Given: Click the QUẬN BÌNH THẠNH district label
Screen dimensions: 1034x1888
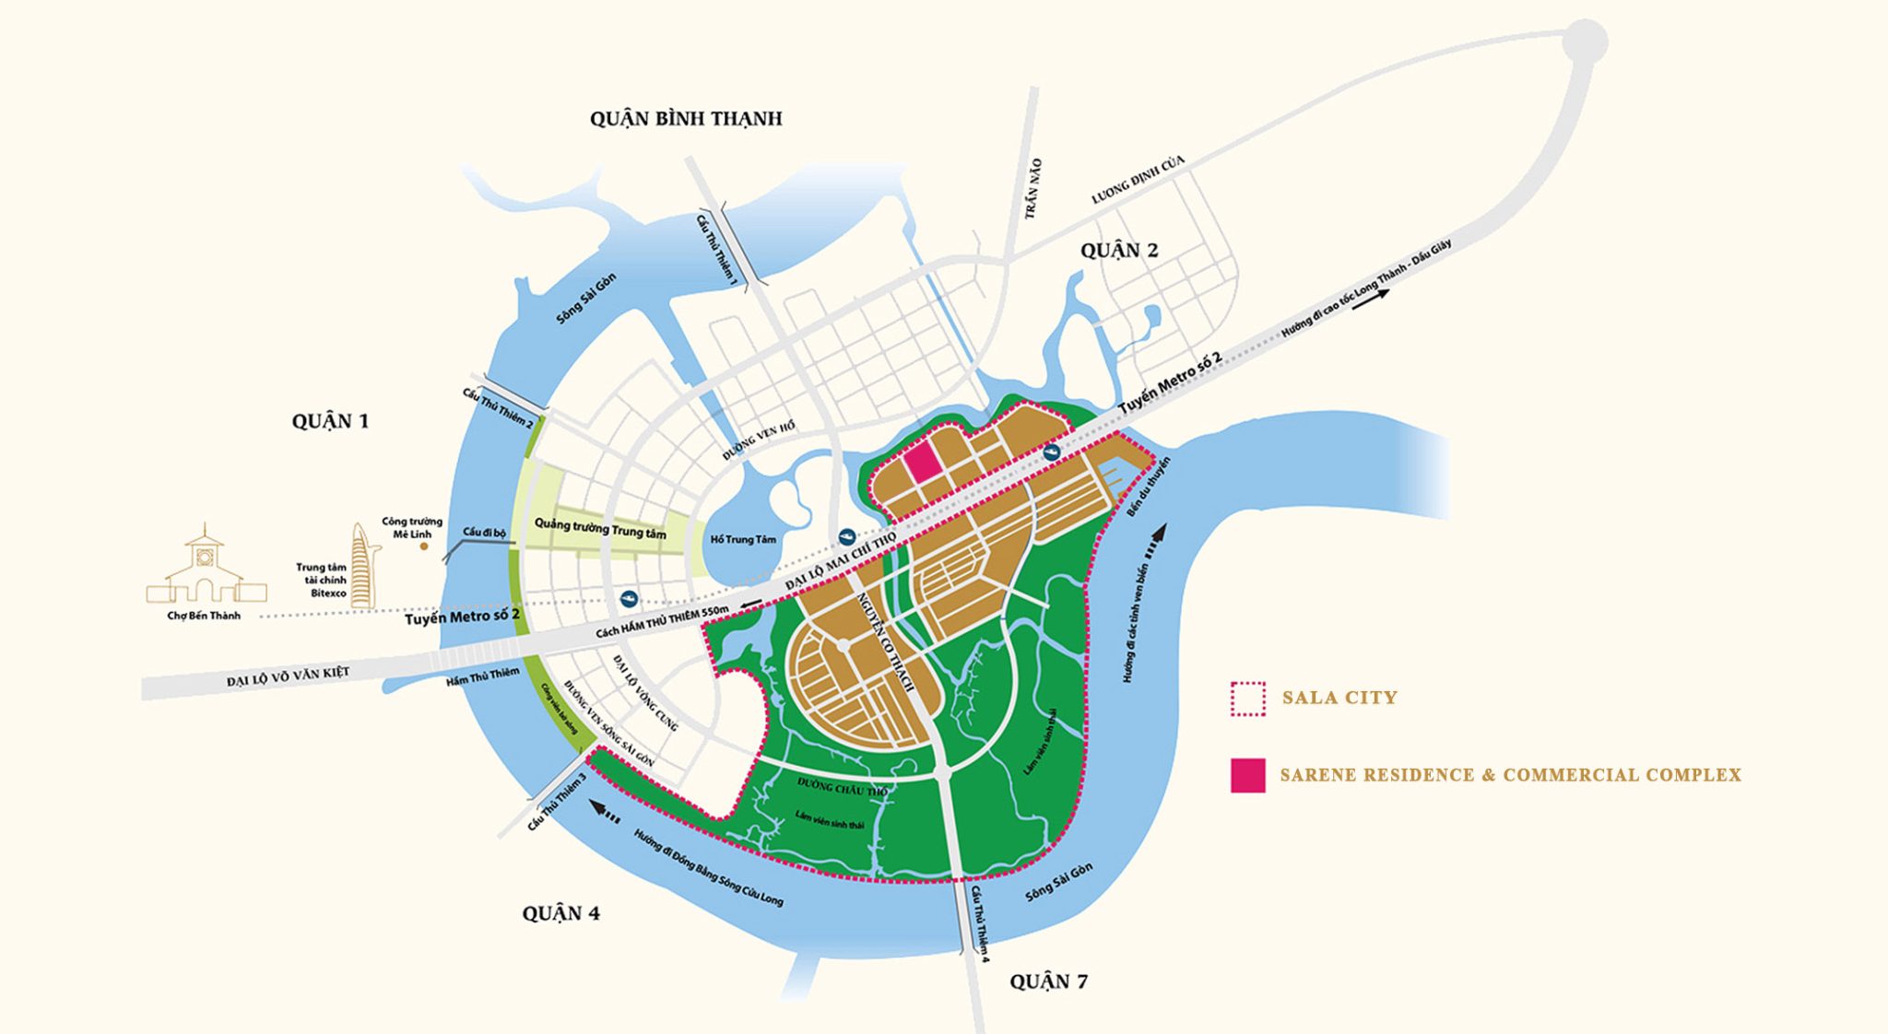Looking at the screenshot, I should [x=686, y=119].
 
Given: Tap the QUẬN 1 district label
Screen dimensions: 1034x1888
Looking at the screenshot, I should [x=330, y=421].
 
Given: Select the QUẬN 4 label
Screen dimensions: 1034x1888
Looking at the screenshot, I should [x=560, y=913].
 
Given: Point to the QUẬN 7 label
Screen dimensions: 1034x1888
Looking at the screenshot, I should [x=1048, y=981].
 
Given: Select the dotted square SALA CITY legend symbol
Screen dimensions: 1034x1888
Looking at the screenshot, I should [x=1248, y=699].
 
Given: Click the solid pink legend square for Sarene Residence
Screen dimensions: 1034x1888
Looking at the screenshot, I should [x=1247, y=775].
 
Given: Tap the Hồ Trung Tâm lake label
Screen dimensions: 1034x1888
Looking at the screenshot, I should [x=743, y=539].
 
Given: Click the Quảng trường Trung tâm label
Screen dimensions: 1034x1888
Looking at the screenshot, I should [x=600, y=529].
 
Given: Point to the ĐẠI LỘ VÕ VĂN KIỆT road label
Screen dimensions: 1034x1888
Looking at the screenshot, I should [x=288, y=677].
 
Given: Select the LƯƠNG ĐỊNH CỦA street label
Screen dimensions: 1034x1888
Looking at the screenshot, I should [x=1138, y=180].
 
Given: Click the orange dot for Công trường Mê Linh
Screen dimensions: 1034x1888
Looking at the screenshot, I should [x=424, y=546].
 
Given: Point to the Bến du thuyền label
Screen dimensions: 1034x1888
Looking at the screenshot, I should [x=1148, y=487].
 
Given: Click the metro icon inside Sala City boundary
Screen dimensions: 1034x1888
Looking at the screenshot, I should [x=1052, y=452].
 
